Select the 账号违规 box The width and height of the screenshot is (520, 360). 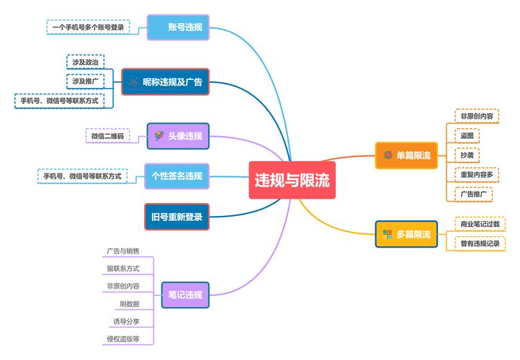178,28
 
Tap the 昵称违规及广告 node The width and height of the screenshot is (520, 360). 165,82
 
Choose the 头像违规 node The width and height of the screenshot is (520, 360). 178,136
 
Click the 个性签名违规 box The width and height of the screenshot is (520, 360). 176,176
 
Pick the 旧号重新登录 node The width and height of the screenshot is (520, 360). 176,217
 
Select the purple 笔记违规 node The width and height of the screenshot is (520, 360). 184,294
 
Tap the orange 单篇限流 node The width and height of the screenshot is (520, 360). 407,156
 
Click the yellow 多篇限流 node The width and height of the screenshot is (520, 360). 407,234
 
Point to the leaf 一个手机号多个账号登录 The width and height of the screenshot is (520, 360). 88,27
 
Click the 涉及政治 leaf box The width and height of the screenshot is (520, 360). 85,62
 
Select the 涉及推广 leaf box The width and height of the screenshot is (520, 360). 85,81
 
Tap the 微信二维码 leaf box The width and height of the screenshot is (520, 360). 107,136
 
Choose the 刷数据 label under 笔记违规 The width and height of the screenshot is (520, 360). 130,304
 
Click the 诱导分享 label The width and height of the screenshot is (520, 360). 127,321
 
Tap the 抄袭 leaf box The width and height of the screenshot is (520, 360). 468,155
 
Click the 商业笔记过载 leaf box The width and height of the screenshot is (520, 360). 480,225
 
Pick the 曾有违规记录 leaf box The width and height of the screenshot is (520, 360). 480,243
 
